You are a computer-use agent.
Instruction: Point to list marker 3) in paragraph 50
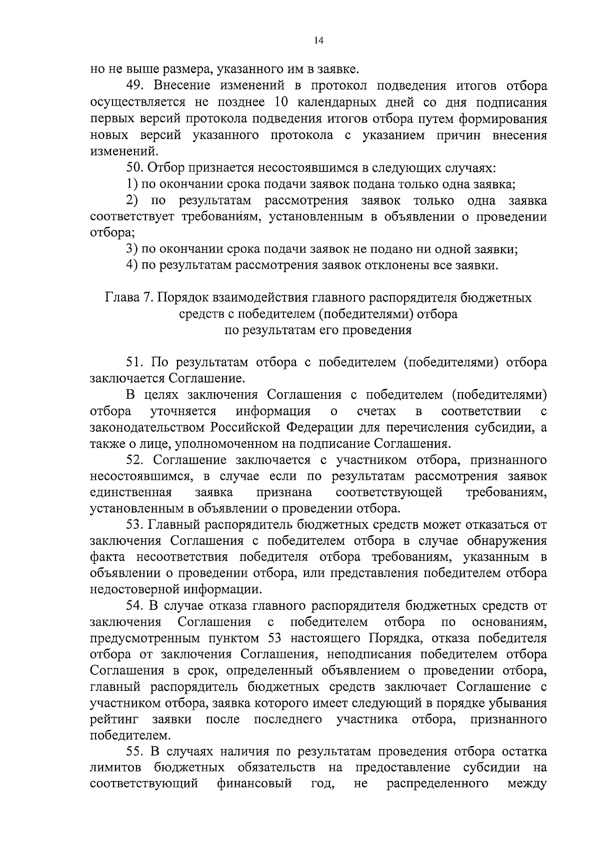click(x=132, y=249)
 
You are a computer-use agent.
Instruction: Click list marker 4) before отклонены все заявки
click(x=132, y=265)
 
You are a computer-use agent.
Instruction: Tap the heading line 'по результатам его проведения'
click(x=318, y=330)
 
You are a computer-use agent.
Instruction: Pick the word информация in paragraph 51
click(x=273, y=411)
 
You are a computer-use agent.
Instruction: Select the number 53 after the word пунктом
click(x=298, y=639)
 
